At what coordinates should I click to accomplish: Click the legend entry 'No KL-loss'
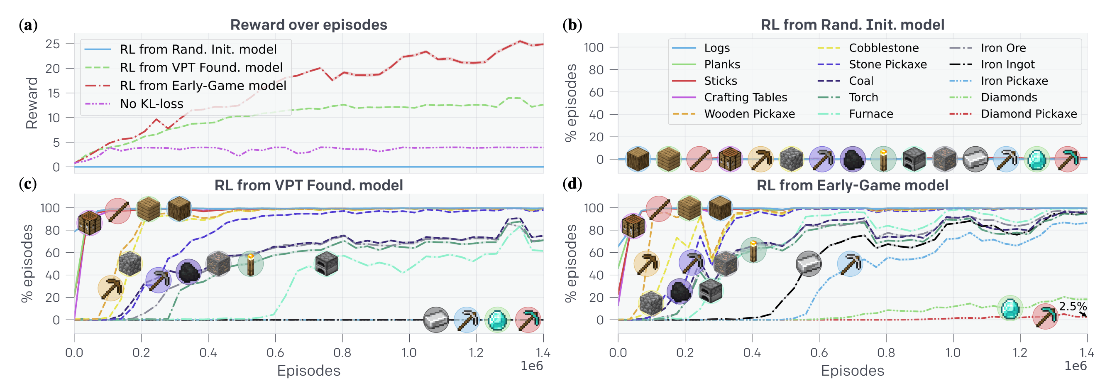pyautogui.click(x=151, y=104)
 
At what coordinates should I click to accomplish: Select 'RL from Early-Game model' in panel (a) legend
pyautogui.click(x=203, y=86)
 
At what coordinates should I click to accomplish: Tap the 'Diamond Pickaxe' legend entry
pyautogui.click(x=1028, y=114)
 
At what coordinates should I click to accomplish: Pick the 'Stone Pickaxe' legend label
pyautogui.click(x=887, y=64)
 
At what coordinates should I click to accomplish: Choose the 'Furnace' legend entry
pyautogui.click(x=871, y=114)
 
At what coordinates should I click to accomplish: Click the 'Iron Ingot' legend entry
pyautogui.click(x=1007, y=64)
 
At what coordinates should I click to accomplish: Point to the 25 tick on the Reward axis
pyautogui.click(x=53, y=44)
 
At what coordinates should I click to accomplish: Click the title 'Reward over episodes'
pyautogui.click(x=308, y=25)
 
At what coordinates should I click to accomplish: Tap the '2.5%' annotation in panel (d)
pyautogui.click(x=1072, y=306)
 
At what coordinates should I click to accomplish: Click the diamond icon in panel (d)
pyautogui.click(x=1010, y=308)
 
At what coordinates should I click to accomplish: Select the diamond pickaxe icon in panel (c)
pyautogui.click(x=528, y=320)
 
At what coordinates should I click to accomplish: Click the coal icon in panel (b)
pyautogui.click(x=853, y=160)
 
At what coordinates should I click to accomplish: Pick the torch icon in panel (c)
pyautogui.click(x=251, y=263)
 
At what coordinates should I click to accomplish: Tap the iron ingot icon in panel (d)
pyautogui.click(x=809, y=263)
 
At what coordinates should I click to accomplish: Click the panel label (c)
pyautogui.click(x=28, y=184)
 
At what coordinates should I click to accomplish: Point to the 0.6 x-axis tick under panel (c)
pyautogui.click(x=275, y=353)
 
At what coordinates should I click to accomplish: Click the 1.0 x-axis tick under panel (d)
pyautogui.click(x=953, y=353)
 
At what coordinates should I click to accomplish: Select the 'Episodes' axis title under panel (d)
pyautogui.click(x=852, y=370)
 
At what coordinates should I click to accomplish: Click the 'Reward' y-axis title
pyautogui.click(x=32, y=103)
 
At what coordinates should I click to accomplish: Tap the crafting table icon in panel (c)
pyautogui.click(x=90, y=223)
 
